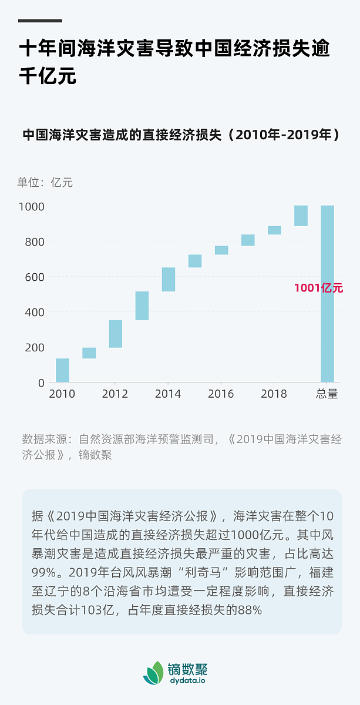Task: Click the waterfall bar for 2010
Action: [62, 370]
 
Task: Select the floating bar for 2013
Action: [142, 305]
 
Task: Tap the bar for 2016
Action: [221, 250]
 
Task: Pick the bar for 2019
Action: [301, 216]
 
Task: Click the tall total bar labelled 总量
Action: [327, 329]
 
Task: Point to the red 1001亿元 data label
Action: [318, 288]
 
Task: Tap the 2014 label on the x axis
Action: [168, 394]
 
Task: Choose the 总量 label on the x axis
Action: [327, 394]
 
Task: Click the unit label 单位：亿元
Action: [45, 182]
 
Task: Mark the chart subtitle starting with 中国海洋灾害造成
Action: [181, 135]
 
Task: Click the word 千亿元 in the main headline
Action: [48, 77]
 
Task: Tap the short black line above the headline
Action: [40, 21]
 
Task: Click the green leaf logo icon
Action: [154, 673]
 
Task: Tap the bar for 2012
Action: [115, 334]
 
